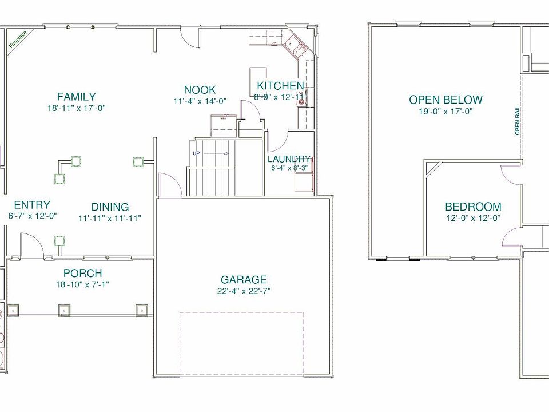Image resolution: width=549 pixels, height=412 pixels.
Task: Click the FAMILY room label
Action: tap(77, 97)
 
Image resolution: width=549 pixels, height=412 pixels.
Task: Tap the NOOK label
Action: tap(200, 90)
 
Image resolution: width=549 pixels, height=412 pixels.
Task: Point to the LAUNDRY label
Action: tap(289, 159)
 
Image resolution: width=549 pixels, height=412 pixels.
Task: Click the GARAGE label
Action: tap(244, 280)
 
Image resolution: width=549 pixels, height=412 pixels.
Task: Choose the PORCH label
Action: tap(83, 274)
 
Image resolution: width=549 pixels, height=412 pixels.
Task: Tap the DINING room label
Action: tap(110, 207)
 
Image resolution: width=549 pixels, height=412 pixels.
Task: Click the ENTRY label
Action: tap(32, 205)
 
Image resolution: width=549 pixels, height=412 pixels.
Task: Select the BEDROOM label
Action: tap(473, 207)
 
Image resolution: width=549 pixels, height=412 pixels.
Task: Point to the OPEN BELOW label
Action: tap(445, 100)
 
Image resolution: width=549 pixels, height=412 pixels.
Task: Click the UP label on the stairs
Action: tap(197, 153)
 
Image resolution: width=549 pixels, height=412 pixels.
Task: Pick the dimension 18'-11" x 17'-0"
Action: tap(77, 108)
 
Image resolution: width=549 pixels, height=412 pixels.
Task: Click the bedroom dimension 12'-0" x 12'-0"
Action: tap(473, 218)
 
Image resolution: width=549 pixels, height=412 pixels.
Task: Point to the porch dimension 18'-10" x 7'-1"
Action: tap(82, 284)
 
